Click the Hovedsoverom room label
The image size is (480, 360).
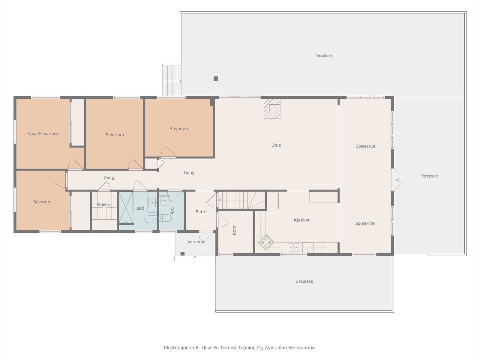click(42, 134)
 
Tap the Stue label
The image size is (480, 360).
click(276, 145)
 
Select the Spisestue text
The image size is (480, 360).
click(365, 146)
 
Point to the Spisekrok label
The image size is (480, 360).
click(365, 223)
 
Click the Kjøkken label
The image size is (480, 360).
click(302, 220)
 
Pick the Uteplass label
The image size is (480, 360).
click(304, 281)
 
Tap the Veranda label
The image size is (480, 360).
click(196, 242)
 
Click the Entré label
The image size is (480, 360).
click(201, 211)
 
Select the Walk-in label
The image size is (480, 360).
click(104, 205)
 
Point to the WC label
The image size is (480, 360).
click(172, 211)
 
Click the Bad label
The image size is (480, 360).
click(140, 208)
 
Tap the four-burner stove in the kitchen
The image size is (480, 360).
click(266, 242)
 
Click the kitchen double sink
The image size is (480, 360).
click(293, 247)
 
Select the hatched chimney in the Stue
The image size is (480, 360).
click(272, 109)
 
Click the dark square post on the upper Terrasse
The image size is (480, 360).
click(216, 79)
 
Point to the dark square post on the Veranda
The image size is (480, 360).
click(182, 253)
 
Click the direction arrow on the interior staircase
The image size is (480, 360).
click(233, 200)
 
